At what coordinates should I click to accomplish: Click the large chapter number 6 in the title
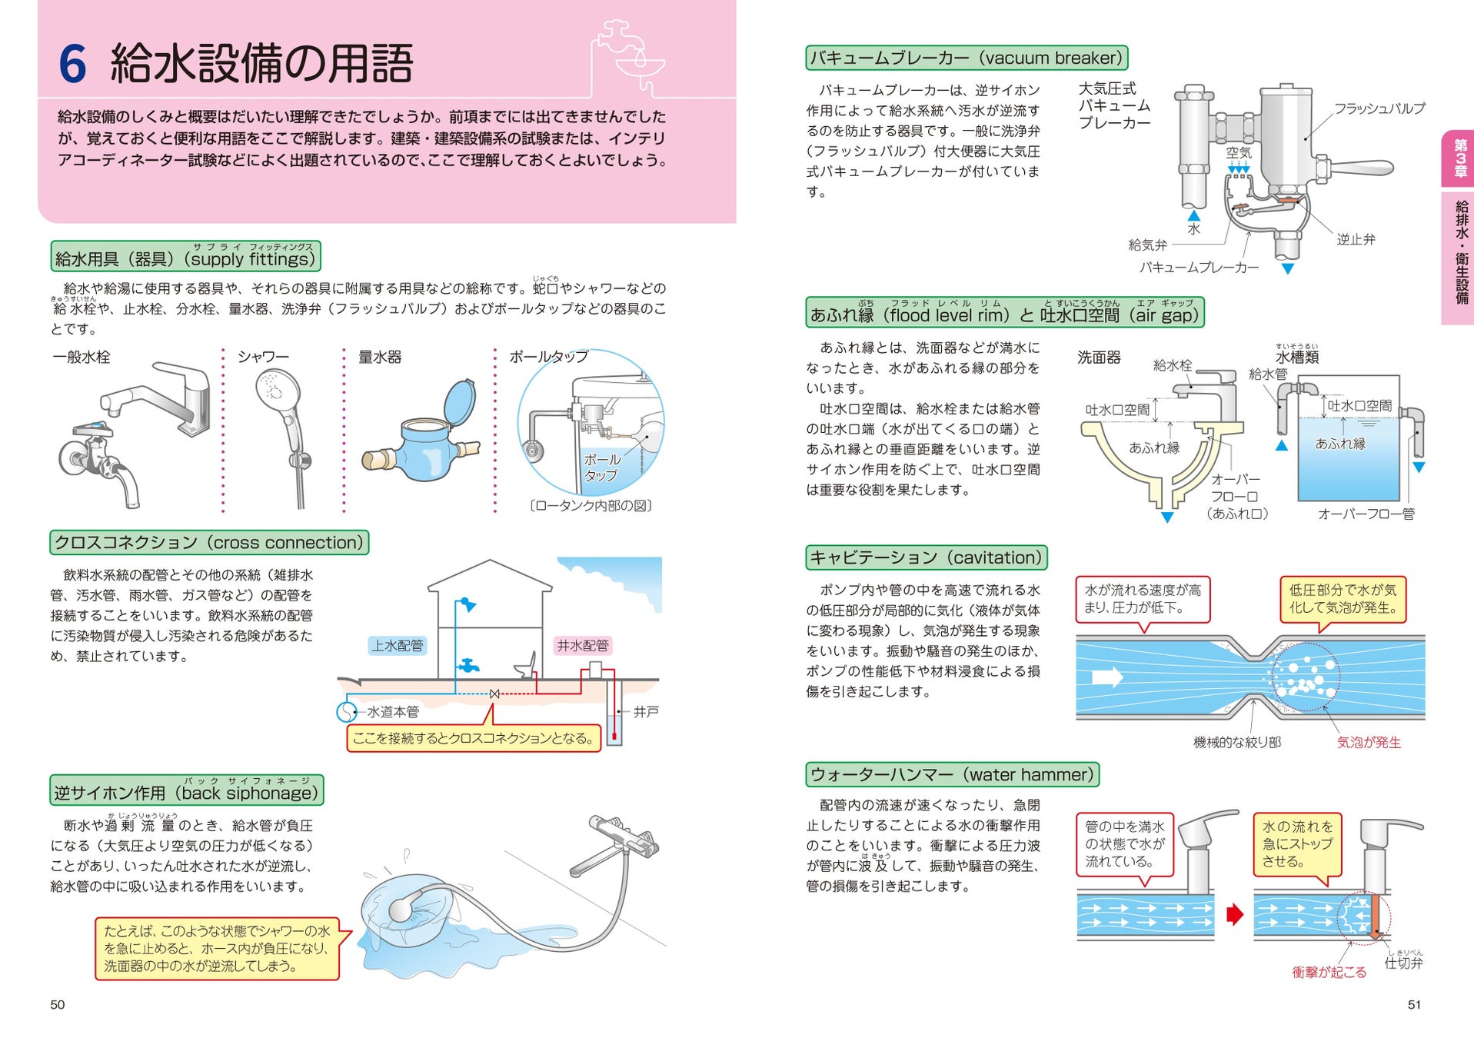coord(73,64)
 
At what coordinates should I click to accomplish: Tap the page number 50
coord(58,1005)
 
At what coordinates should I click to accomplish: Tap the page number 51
coord(1414,1005)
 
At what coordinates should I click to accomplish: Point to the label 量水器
coord(380,358)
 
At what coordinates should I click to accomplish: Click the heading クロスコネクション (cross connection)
coord(209,543)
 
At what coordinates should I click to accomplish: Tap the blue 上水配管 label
coord(398,646)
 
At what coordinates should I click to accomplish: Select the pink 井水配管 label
coord(582,646)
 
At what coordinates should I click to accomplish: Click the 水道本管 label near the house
coord(393,712)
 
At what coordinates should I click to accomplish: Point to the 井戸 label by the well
coord(646,712)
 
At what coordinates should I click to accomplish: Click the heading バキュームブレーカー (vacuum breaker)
coord(967,58)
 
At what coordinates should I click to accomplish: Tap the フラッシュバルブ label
coord(1379,109)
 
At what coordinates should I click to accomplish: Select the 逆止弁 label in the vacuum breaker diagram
coord(1356,240)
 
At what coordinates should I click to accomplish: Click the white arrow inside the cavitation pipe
coord(1108,677)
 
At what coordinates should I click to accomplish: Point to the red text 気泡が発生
coord(1369,743)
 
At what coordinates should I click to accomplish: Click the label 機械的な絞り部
coord(1236,743)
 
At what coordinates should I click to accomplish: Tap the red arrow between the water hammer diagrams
coord(1235,915)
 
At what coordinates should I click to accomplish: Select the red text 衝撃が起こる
coord(1329,973)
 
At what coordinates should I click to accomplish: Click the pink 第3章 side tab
coord(1459,158)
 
